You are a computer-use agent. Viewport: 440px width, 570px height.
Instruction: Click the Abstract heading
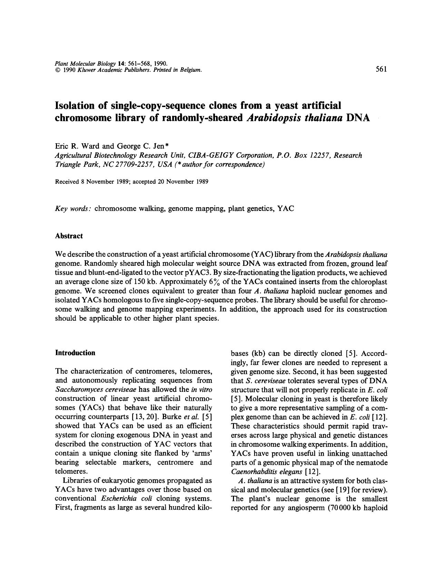[x=69, y=236]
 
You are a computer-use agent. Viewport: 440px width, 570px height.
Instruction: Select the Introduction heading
[x=75, y=352]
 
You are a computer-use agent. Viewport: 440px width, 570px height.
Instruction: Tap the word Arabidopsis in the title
[x=277, y=117]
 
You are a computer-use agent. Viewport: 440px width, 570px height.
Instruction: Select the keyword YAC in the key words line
[x=286, y=209]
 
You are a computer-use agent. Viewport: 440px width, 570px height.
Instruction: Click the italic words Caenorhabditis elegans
[x=266, y=471]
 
